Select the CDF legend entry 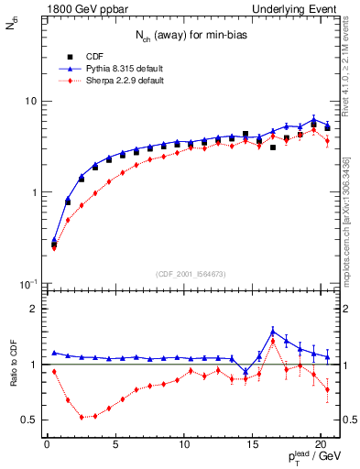tap(94, 54)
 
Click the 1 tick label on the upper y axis tap(34, 192)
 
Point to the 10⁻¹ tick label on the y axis tap(28, 283)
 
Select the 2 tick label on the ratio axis tap(34, 309)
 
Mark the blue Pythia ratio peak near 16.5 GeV tap(273, 331)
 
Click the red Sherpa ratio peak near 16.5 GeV tap(273, 342)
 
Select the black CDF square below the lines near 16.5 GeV tap(273, 147)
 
